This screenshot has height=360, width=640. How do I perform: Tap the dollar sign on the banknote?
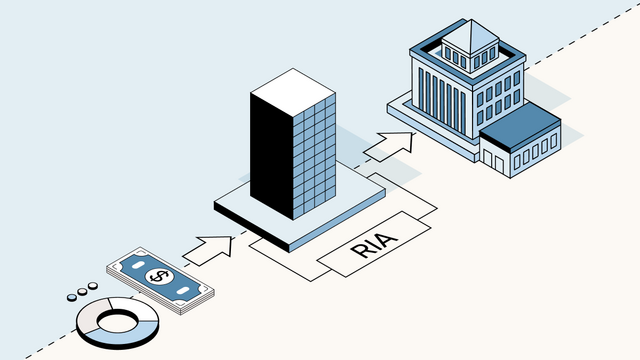(x=158, y=277)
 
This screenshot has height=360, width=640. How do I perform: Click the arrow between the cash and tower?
(x=208, y=248)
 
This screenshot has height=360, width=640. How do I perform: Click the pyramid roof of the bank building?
(x=470, y=36)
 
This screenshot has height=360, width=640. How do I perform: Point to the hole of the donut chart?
(x=117, y=320)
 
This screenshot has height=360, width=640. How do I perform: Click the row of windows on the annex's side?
(x=534, y=151)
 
